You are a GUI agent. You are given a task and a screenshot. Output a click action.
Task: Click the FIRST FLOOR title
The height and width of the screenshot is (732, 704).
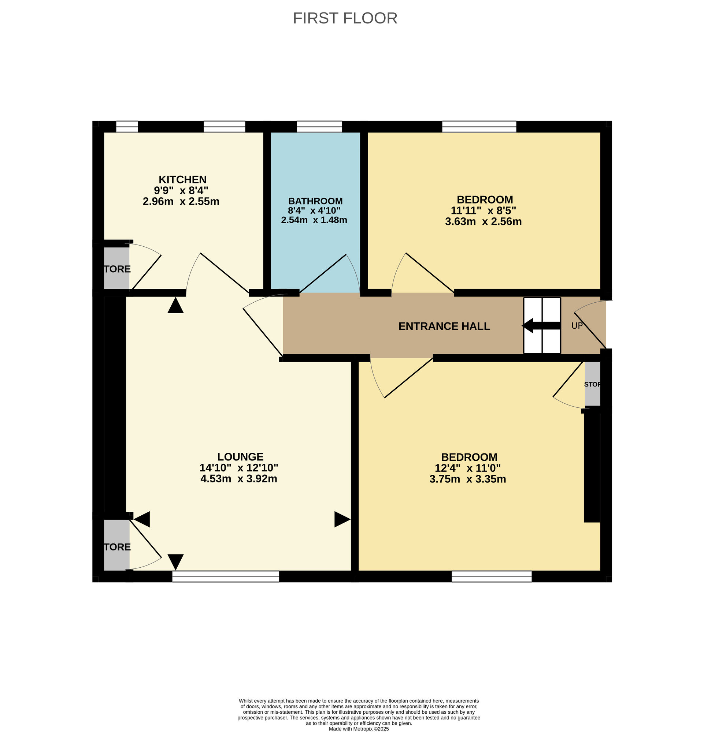click(x=345, y=18)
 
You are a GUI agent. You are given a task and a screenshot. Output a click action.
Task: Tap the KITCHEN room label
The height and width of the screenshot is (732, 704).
click(x=182, y=180)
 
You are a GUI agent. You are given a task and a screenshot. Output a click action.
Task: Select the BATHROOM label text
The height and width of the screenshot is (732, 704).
click(x=315, y=201)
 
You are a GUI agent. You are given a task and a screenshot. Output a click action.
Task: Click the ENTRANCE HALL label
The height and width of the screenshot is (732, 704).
click(x=444, y=326)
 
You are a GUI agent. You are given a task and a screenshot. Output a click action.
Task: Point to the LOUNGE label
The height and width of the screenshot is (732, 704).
click(x=240, y=457)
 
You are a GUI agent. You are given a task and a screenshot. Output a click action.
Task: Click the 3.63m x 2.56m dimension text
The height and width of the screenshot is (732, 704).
click(x=483, y=221)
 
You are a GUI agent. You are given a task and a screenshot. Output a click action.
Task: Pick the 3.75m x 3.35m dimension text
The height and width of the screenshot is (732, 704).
click(x=467, y=479)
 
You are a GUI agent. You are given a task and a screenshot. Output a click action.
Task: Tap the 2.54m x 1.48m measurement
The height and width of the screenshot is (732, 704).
click(x=314, y=220)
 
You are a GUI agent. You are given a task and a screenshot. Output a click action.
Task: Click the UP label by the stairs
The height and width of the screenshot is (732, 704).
click(x=577, y=326)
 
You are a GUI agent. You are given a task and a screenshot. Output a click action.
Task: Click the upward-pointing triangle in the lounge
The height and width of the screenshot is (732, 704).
click(x=175, y=305)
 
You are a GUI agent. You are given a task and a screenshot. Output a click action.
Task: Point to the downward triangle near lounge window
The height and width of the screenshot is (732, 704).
click(x=175, y=561)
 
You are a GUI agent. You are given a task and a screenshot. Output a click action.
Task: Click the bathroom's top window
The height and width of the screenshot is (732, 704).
click(x=319, y=127)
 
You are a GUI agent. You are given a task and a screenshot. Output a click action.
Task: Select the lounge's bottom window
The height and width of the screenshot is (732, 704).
click(x=225, y=576)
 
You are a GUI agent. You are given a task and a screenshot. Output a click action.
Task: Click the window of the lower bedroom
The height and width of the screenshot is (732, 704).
click(x=491, y=576)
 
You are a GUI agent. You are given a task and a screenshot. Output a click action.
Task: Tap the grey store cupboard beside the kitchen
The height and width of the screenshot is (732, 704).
click(x=116, y=268)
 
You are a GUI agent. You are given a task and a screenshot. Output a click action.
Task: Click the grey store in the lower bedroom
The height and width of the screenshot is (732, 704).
click(x=592, y=384)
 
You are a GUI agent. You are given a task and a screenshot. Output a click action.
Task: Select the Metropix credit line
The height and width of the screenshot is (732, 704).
click(x=358, y=729)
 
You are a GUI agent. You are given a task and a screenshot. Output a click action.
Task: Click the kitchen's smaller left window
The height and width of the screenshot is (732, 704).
click(x=127, y=127)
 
